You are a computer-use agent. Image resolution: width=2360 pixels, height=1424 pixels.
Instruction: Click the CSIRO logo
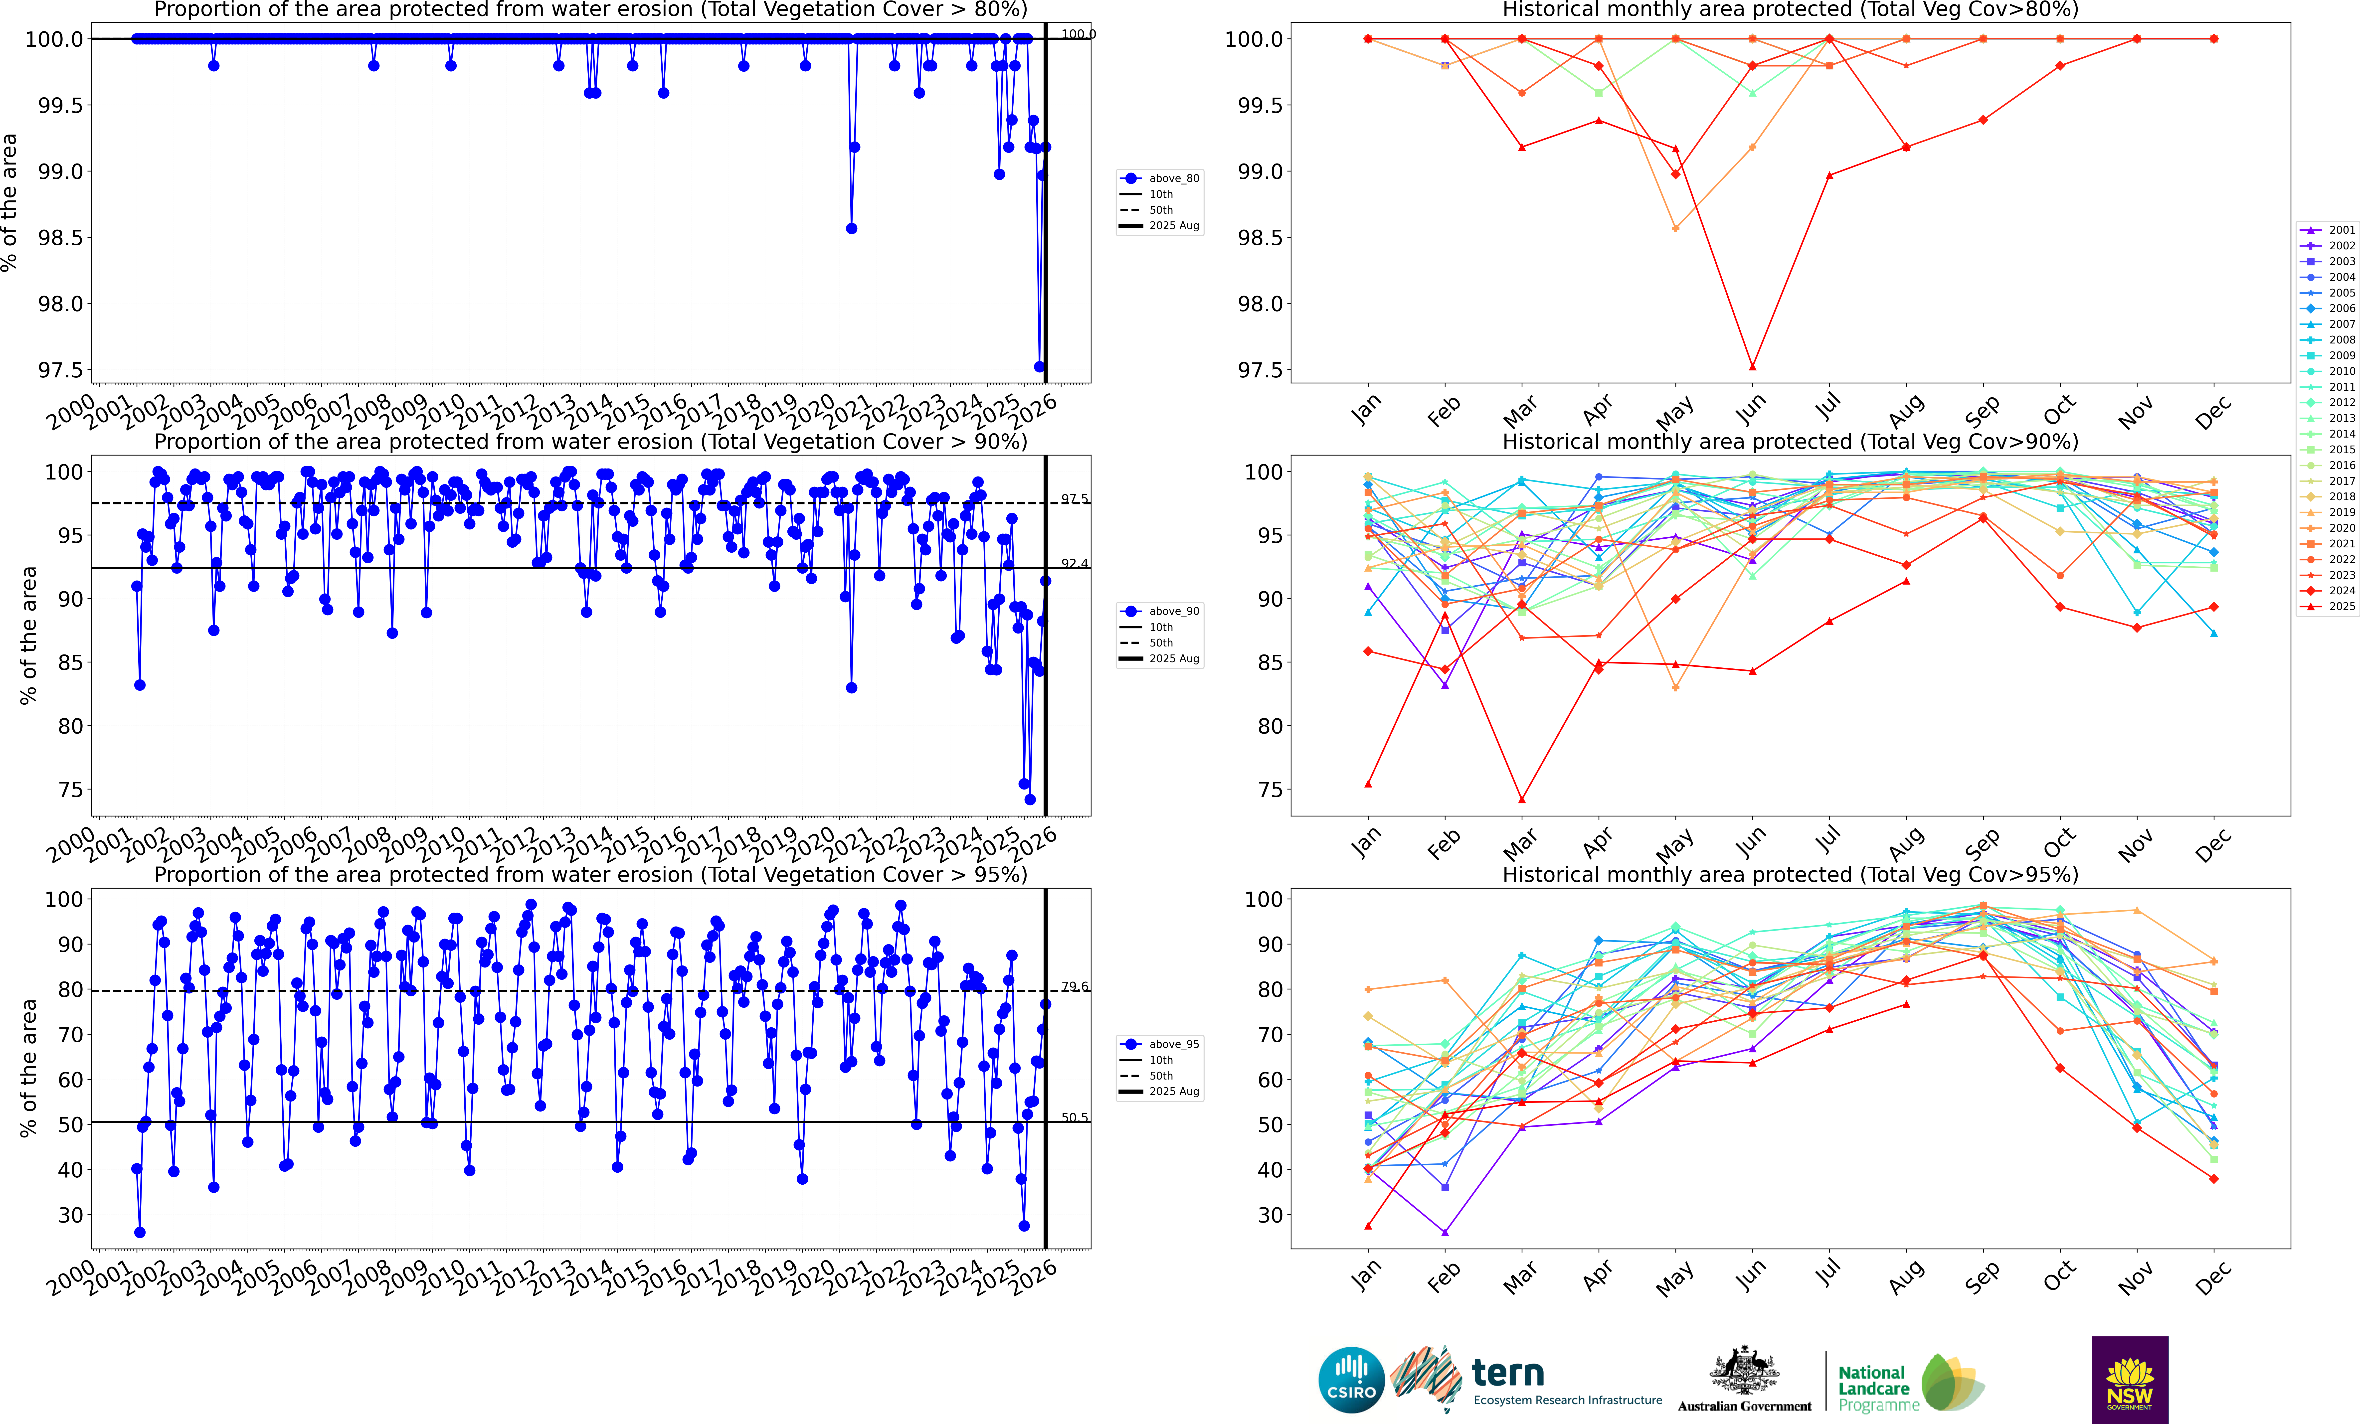point(1351,1380)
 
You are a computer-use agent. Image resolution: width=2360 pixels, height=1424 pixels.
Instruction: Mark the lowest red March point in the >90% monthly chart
point(1522,800)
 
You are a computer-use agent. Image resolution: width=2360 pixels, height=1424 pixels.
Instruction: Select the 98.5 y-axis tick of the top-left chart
point(59,237)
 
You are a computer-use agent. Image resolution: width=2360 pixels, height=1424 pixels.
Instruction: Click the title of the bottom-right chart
point(1790,874)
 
